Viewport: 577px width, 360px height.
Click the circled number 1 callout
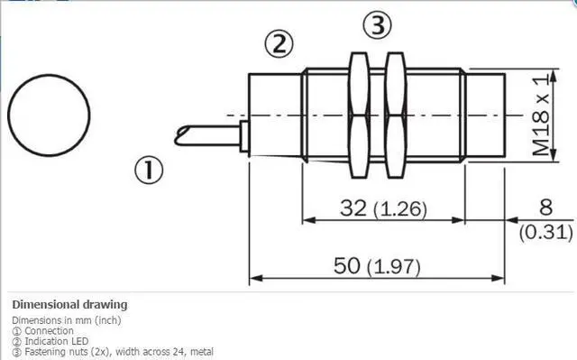(149, 170)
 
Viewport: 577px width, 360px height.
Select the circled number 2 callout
(279, 44)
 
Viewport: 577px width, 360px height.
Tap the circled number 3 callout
(378, 25)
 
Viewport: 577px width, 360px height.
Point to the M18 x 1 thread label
(540, 115)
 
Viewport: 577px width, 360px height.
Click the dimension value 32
(353, 208)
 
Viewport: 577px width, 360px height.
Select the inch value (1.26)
(400, 209)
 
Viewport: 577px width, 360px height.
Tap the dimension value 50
(346, 265)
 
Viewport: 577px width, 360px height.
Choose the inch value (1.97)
(394, 267)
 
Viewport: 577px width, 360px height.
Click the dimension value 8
(545, 207)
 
